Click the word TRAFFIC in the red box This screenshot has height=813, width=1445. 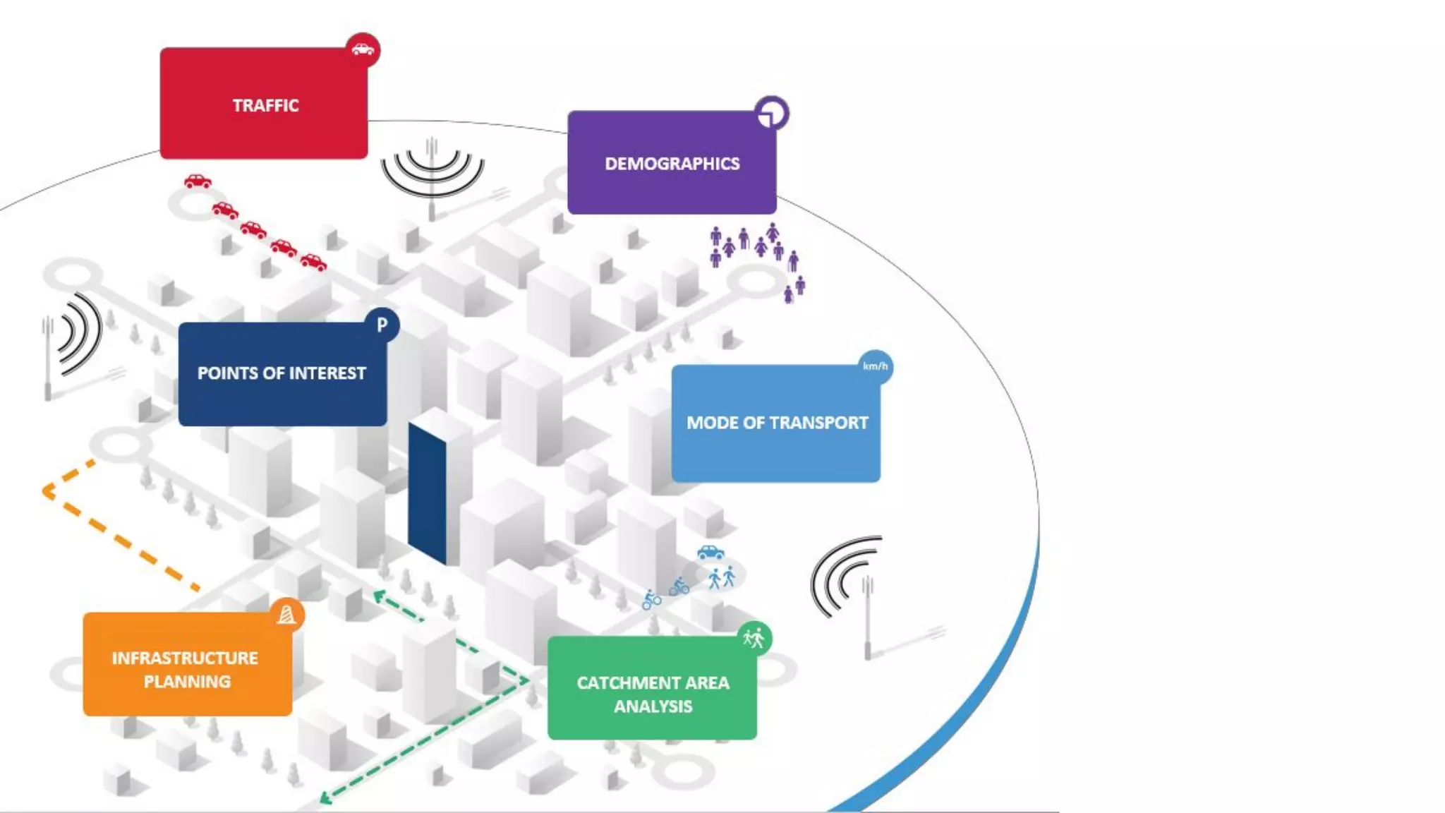[265, 106]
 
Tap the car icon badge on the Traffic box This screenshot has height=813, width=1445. [363, 50]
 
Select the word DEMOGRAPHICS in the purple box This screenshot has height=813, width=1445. [672, 164]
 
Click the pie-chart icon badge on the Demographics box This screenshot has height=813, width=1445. [771, 114]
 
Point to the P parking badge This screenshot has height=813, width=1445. [382, 325]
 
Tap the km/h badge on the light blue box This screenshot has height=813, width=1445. [875, 366]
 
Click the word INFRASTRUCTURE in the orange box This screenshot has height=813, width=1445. [185, 658]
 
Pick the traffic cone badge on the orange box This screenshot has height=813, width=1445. [286, 615]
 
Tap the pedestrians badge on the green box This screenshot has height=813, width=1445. [754, 639]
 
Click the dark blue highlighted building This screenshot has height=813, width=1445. [427, 494]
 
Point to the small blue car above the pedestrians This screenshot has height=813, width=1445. [711, 552]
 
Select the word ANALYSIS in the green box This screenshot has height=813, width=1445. [653, 706]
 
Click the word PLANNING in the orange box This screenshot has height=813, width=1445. [187, 682]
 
